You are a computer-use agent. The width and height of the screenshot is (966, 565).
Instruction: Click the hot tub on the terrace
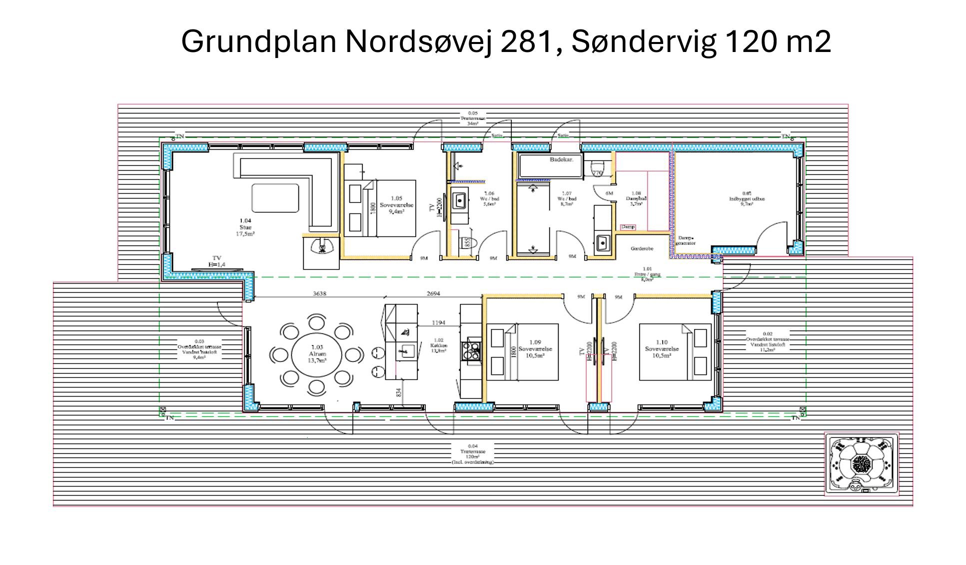(861, 464)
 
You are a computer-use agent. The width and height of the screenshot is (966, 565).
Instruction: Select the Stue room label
(245, 227)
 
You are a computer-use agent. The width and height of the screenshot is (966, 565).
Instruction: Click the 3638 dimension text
(319, 293)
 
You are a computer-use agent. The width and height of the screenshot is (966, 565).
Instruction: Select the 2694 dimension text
(433, 293)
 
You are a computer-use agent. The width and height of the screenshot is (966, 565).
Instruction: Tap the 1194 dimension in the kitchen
(438, 322)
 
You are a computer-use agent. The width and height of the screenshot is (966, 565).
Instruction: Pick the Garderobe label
(642, 248)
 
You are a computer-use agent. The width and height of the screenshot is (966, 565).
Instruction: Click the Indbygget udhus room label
(747, 198)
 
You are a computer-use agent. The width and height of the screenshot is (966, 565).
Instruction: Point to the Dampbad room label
(636, 198)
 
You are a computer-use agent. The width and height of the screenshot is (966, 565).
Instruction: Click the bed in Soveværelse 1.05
(395, 208)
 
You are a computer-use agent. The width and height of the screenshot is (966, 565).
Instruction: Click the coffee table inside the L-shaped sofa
(275, 198)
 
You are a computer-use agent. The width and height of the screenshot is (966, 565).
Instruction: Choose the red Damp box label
(628, 227)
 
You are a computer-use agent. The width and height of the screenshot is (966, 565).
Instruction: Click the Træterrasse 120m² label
(472, 454)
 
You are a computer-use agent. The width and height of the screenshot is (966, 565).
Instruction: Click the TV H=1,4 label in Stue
(216, 261)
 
